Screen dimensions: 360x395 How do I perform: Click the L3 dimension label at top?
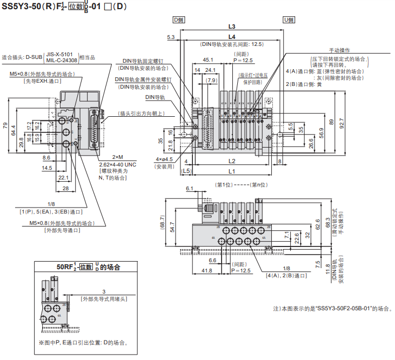pos(232,26)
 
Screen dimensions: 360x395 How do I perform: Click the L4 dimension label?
pos(232,36)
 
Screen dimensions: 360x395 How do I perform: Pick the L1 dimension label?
pos(232,171)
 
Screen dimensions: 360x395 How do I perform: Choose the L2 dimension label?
pos(232,161)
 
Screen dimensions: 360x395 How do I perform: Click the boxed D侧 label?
pos(179,20)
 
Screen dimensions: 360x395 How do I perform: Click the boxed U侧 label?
pos(289,20)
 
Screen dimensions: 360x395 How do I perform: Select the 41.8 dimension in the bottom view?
pos(206,270)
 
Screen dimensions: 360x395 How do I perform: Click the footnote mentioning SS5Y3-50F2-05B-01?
pos(331,309)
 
